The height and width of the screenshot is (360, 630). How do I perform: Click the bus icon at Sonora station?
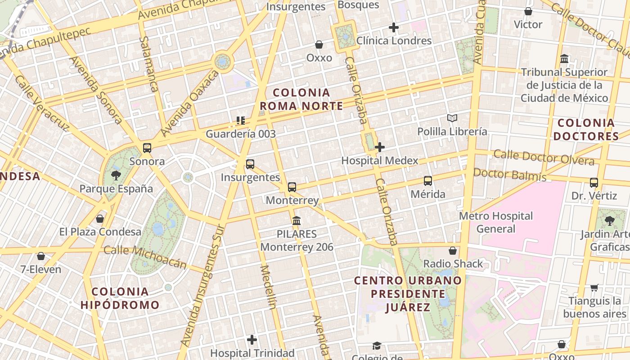pyautogui.click(x=147, y=148)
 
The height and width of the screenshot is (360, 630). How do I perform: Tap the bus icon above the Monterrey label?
pyautogui.click(x=292, y=187)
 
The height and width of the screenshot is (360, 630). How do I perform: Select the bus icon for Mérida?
pyautogui.click(x=427, y=181)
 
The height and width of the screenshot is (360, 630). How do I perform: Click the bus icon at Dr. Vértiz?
pyautogui.click(x=594, y=183)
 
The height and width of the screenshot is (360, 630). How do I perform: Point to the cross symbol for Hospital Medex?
pyautogui.click(x=380, y=147)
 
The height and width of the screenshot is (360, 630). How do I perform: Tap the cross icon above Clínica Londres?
pyautogui.click(x=394, y=27)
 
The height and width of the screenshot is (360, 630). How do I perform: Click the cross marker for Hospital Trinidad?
pyautogui.click(x=252, y=339)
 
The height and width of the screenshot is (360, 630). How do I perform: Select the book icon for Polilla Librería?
pyautogui.click(x=452, y=118)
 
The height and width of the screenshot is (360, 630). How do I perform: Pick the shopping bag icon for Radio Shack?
pyautogui.click(x=453, y=251)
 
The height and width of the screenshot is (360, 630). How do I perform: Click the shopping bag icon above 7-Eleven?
pyautogui.click(x=41, y=256)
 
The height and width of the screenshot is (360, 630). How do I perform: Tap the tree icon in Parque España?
pyautogui.click(x=116, y=175)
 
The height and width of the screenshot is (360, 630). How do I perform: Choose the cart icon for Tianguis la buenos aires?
pyautogui.click(x=594, y=288)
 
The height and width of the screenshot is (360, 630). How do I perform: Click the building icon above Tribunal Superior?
pyautogui.click(x=564, y=59)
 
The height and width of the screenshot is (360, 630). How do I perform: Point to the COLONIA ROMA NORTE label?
pyautogui.click(x=301, y=99)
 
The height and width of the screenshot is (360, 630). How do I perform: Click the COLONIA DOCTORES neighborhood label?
pyautogui.click(x=586, y=130)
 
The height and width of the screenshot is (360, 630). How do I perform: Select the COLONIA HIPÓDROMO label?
pyautogui.click(x=120, y=298)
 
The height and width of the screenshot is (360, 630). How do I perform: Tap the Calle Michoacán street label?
pyautogui.click(x=145, y=256)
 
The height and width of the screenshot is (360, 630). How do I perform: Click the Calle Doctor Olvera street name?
pyautogui.click(x=544, y=157)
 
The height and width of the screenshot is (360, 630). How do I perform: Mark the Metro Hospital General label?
pyautogui.click(x=496, y=222)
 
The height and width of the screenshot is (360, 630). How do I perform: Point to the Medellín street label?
pyautogui.click(x=268, y=287)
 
